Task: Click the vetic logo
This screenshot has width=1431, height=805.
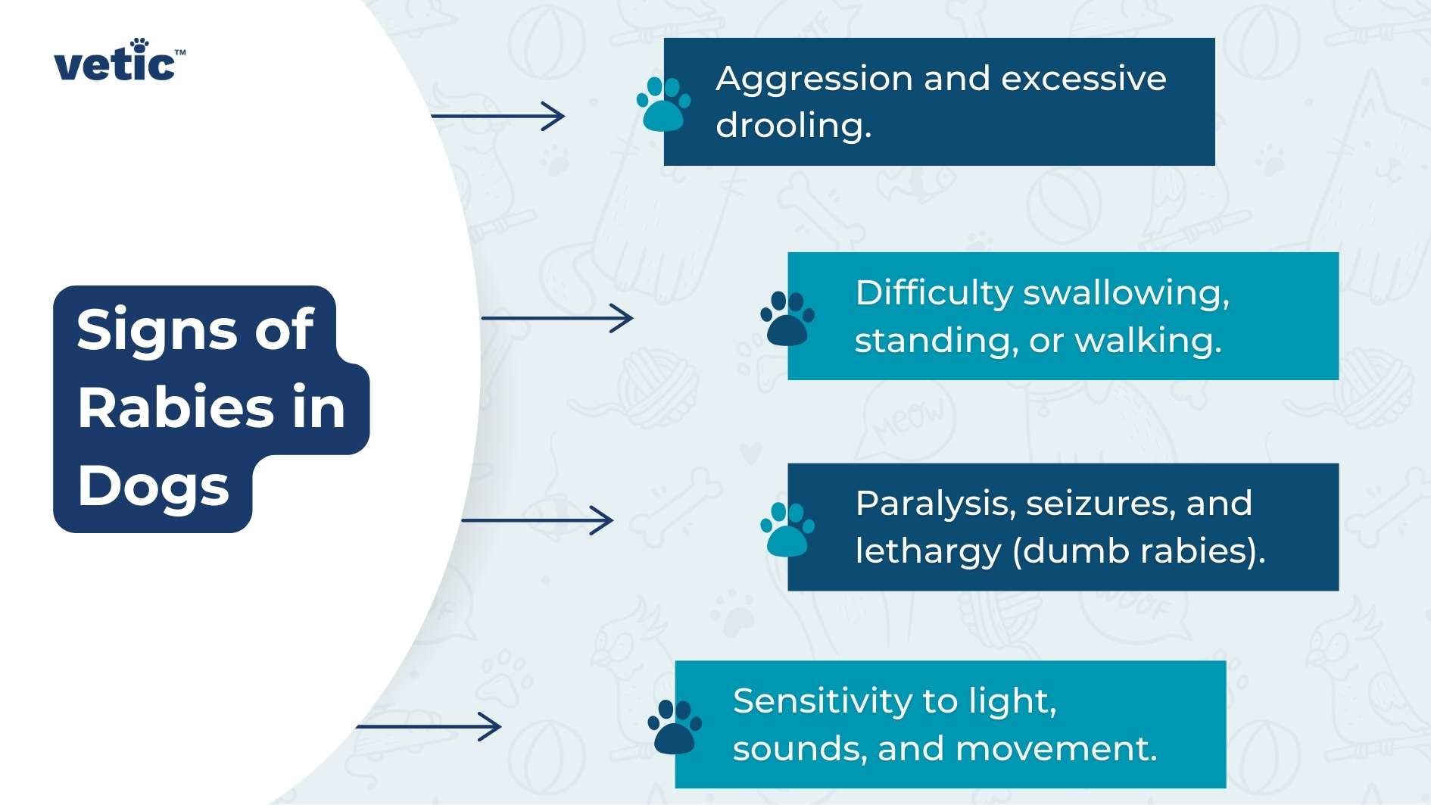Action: [x=119, y=60]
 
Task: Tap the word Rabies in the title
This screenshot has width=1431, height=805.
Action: [x=176, y=408]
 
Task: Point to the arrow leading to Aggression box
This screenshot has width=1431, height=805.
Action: [x=498, y=116]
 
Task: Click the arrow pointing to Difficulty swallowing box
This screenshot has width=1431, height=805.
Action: [x=557, y=318]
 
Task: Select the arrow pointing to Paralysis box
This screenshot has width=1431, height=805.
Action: [x=538, y=520]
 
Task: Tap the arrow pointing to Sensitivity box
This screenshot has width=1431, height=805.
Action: [x=429, y=727]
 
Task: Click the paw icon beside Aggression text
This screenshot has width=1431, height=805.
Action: [x=663, y=104]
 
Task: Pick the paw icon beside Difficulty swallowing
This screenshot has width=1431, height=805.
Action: [x=787, y=318]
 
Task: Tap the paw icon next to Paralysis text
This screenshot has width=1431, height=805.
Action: [x=787, y=529]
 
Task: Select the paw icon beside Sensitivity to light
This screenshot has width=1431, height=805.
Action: [x=675, y=727]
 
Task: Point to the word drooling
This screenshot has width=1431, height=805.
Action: [x=793, y=125]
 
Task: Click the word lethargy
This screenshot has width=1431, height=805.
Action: [x=928, y=551]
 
